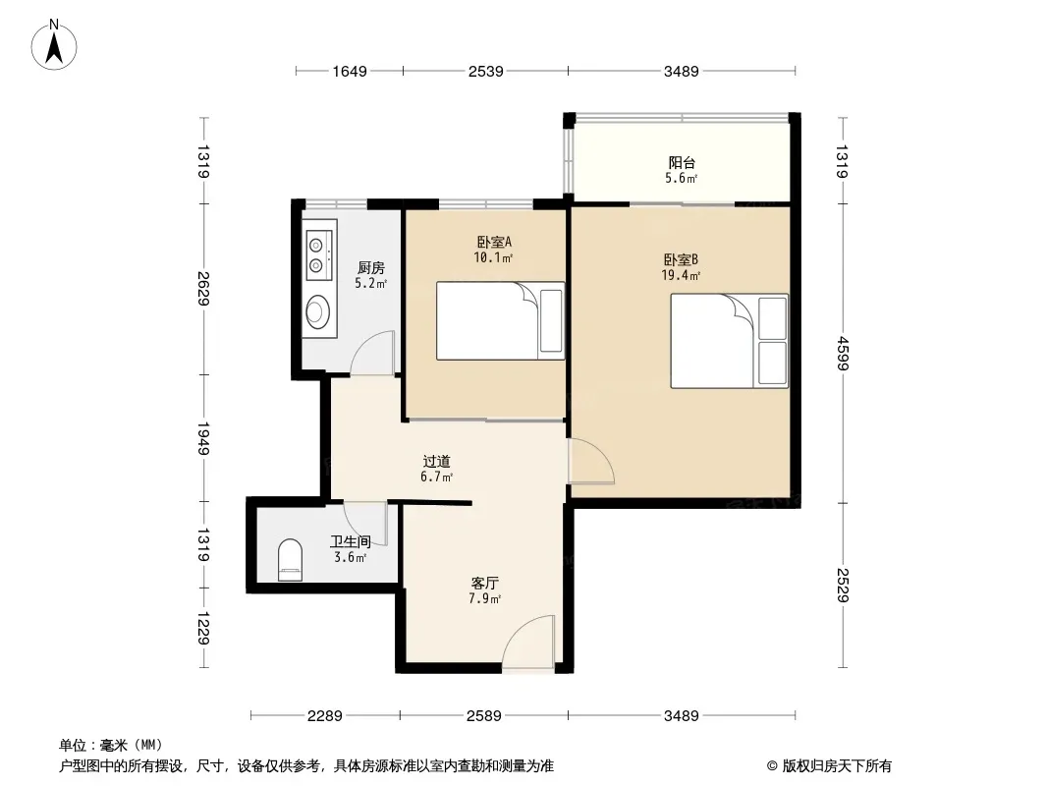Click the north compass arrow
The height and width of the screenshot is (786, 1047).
point(54,49)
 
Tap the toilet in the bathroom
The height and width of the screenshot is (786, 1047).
point(290,560)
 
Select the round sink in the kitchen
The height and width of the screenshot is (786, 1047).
point(318,310)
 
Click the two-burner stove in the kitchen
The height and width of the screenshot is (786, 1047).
point(319,255)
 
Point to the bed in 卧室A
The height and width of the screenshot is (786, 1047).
point(500,320)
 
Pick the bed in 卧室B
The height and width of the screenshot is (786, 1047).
point(729,341)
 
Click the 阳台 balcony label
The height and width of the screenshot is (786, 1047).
point(682,162)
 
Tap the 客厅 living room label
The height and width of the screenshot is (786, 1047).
point(485,583)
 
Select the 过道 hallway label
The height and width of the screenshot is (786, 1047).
point(437,461)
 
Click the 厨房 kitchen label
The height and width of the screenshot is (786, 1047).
point(370,268)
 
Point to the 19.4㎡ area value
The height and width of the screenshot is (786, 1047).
point(681,275)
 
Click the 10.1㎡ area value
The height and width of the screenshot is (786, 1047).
point(493,257)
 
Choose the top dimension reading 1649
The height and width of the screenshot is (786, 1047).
point(350,71)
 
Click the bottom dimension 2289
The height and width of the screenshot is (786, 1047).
point(325,716)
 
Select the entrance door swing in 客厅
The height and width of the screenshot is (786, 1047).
point(527,643)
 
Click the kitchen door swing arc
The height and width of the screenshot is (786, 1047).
point(372,353)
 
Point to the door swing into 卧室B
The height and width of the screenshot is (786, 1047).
point(591,461)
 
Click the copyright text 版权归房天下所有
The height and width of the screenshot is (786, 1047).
point(837,766)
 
